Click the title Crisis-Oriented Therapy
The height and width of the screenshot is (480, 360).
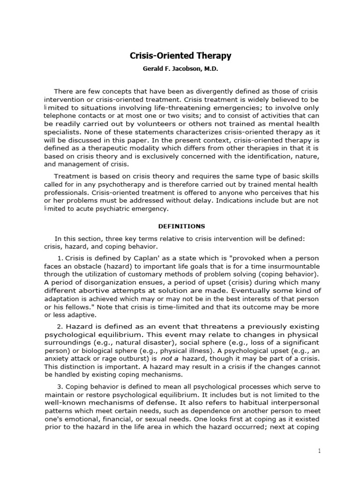[x=180, y=56]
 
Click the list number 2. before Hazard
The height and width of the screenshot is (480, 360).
[x=59, y=326]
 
